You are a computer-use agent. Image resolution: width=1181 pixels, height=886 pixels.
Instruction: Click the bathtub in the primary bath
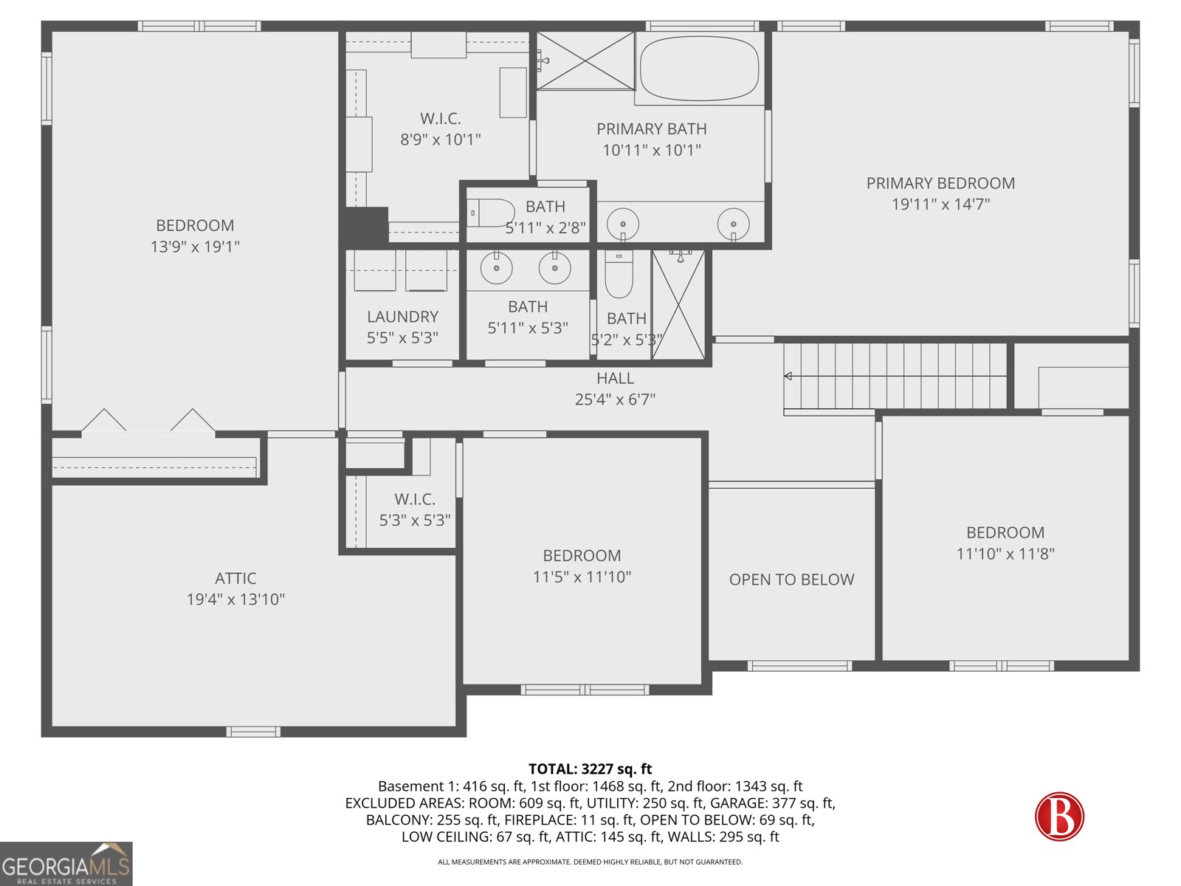699,69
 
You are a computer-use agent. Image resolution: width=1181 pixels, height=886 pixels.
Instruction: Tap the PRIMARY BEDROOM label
940,183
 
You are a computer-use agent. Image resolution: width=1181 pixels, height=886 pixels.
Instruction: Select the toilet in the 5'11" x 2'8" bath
491,213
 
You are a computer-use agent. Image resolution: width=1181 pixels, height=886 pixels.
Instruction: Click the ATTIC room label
235,578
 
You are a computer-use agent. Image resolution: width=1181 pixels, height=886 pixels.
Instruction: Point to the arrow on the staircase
788,376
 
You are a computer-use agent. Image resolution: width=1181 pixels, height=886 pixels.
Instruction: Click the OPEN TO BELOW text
791,580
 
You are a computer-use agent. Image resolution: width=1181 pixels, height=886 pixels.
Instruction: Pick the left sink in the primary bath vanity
623,224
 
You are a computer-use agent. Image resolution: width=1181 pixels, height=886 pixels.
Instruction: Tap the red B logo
1059,817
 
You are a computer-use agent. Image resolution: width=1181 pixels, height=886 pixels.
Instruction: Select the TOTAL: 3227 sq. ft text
590,769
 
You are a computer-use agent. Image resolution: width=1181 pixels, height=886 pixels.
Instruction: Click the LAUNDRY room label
402,317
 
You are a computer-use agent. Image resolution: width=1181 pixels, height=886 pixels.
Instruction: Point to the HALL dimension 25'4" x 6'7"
615,399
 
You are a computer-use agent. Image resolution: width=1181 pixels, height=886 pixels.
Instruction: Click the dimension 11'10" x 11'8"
1005,554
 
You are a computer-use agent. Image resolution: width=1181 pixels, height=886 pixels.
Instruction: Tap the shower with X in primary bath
585,61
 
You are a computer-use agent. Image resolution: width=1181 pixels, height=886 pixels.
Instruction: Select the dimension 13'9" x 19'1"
195,247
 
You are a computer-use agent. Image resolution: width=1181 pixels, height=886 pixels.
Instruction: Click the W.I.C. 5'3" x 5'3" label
414,509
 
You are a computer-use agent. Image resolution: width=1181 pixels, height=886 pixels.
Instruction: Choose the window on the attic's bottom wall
252,732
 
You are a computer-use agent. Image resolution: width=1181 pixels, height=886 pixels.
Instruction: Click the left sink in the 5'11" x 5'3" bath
497,269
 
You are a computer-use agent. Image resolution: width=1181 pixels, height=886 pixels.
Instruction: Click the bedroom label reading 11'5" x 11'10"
582,577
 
